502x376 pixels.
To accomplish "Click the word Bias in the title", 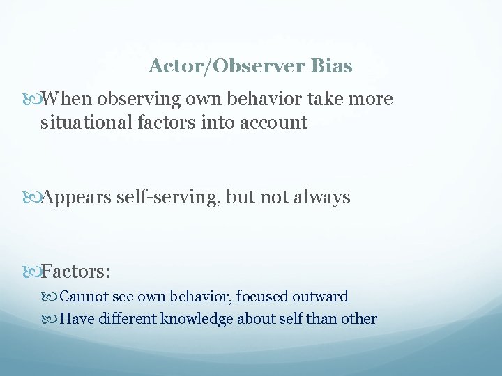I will tap(333, 67).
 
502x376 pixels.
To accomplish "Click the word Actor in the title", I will tap(172, 67).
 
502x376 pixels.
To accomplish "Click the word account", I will tap(273, 123).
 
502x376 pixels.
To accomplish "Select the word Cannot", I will tap(82, 297).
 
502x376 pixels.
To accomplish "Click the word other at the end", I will tap(360, 319).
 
